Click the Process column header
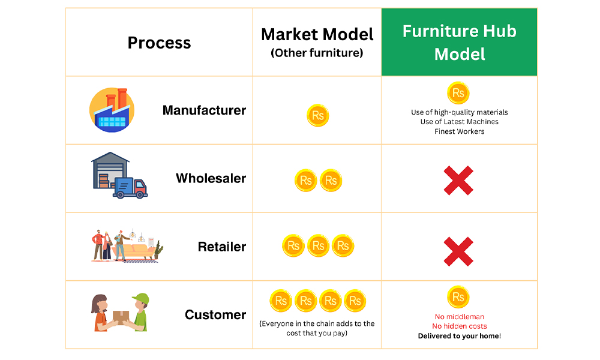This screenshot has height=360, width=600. coord(159,43)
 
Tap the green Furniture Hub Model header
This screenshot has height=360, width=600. coord(459,42)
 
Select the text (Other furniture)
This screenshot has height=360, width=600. coord(317,53)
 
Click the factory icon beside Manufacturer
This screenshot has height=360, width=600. coord(112,110)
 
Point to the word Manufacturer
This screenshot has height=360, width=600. coord(204,110)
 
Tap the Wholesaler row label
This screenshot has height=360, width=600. coord(211,178)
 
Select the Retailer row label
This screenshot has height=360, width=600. coord(222,247)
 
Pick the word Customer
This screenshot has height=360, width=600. coord(215,314)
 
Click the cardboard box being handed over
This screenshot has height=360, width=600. coord(121,317)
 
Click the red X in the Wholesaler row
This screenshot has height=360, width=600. coord(458,181)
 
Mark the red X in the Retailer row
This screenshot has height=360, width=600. coord(458,251)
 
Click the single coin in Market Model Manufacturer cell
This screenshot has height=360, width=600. coord(317,115)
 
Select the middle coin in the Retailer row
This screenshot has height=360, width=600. coord(318,245)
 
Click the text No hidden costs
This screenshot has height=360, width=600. coord(459,326)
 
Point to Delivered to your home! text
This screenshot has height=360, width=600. coord(459,336)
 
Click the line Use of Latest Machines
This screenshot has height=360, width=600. coord(459,122)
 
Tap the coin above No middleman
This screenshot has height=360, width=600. coord(458,297)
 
